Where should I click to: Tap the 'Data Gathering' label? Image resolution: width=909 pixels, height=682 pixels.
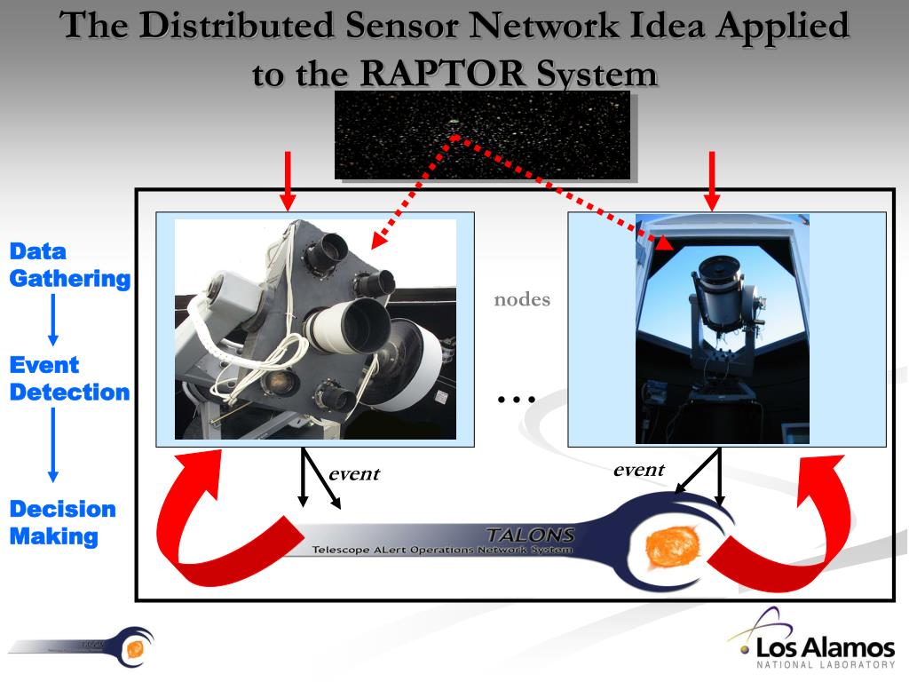click(x=69, y=265)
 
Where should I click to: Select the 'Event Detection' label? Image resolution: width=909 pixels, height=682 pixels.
click(x=69, y=378)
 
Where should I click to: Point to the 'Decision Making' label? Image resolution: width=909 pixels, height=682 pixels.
click(x=62, y=522)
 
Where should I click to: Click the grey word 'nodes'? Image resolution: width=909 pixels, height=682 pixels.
click(x=522, y=299)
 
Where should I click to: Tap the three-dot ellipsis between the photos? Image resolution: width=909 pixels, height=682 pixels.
click(x=516, y=399)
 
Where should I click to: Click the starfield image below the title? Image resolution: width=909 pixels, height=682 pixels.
click(x=482, y=135)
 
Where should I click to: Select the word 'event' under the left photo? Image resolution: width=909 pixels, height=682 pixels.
click(x=353, y=473)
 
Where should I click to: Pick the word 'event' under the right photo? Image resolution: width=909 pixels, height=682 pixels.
click(x=638, y=470)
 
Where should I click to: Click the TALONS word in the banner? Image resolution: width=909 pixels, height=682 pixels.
click(x=530, y=535)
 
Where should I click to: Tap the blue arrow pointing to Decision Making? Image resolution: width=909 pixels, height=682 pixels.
click(x=52, y=444)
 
